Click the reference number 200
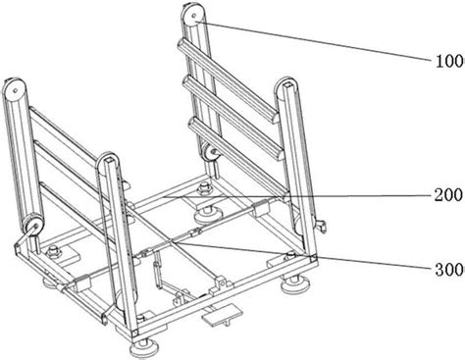[x=447, y=195]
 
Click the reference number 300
[x=449, y=270]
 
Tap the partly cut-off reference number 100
[x=450, y=62]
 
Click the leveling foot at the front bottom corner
[x=144, y=349]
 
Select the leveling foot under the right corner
[x=295, y=283]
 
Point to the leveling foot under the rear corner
[x=205, y=214]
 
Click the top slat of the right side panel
[x=228, y=79]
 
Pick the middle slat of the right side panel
[x=233, y=117]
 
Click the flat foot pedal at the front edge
[x=222, y=314]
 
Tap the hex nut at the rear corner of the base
[x=204, y=187]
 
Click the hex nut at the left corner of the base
[x=53, y=252]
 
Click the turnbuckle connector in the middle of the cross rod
[x=193, y=233]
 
